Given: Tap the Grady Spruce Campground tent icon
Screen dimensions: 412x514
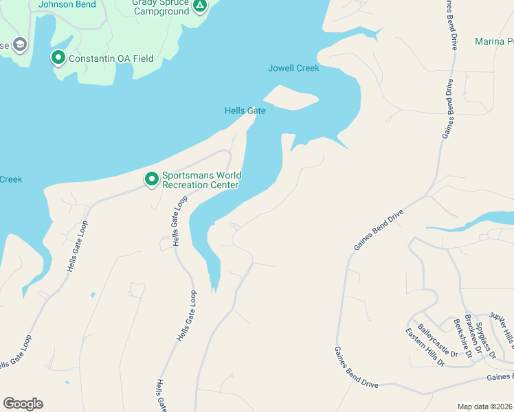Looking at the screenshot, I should (x=199, y=7).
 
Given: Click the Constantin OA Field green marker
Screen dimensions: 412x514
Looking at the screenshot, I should (x=58, y=58).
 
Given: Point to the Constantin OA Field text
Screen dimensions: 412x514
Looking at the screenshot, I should (x=111, y=58).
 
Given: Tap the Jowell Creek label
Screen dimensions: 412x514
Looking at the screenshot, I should (x=293, y=68).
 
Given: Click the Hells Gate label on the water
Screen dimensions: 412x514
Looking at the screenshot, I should (x=245, y=111).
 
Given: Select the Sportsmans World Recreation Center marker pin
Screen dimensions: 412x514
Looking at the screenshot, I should (x=151, y=179).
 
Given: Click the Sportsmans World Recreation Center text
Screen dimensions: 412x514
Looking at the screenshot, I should (x=200, y=180).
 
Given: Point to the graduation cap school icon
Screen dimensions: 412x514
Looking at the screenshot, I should (x=19, y=45).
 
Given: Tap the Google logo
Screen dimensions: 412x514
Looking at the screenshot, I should (x=23, y=404).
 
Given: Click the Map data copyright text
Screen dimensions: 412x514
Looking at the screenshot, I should (x=485, y=407).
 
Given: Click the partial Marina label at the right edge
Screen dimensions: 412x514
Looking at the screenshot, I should (x=494, y=42).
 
